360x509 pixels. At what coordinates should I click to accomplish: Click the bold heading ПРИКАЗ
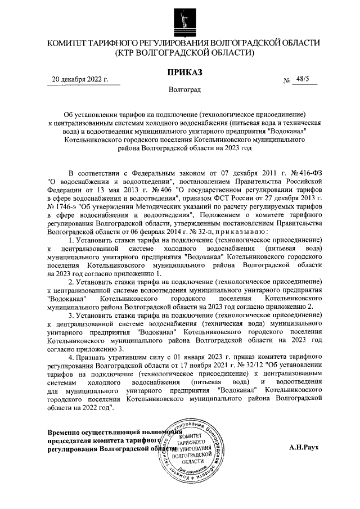pos(183,71)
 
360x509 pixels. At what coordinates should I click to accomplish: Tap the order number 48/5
pos(308,80)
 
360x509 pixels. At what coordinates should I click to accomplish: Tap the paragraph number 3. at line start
pos(71,316)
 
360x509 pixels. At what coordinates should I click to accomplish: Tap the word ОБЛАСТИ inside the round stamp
pos(193,460)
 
